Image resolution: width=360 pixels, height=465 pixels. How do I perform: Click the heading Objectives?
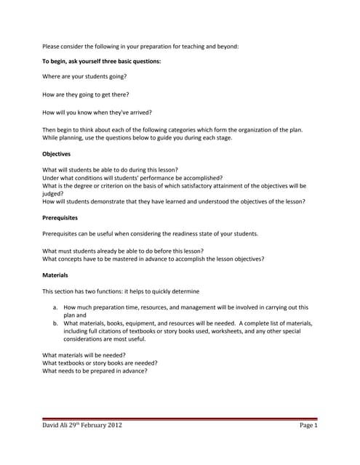point(56,154)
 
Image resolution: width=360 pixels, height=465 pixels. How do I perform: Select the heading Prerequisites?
point(60,217)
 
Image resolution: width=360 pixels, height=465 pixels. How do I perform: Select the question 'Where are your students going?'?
point(84,76)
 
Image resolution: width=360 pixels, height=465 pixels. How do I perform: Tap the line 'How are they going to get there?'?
point(86,94)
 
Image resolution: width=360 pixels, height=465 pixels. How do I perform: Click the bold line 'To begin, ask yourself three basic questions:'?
point(101,61)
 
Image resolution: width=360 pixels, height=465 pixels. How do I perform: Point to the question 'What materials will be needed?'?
point(84,355)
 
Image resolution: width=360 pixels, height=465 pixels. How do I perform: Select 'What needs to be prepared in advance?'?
point(95,371)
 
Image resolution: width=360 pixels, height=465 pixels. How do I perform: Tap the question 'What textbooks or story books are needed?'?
point(100,363)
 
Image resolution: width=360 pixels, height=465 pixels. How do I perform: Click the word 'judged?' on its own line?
point(53,193)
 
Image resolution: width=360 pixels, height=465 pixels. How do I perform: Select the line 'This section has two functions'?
point(121,291)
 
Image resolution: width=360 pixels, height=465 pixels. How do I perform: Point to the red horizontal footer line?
point(180,418)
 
